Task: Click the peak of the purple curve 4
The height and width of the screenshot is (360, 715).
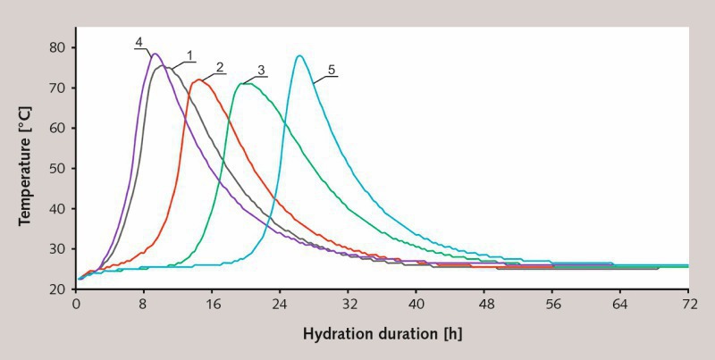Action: click(x=155, y=54)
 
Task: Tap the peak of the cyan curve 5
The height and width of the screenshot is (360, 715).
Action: click(x=299, y=56)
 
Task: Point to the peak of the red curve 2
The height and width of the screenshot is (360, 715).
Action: click(x=199, y=80)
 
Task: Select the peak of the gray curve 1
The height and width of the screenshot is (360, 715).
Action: click(x=165, y=67)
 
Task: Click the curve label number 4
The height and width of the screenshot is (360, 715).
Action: click(x=139, y=41)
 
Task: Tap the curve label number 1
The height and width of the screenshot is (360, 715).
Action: click(x=189, y=55)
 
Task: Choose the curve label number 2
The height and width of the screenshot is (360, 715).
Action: click(x=218, y=68)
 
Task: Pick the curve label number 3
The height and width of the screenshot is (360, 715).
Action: click(x=261, y=70)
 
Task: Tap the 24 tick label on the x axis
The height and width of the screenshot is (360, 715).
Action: click(x=280, y=305)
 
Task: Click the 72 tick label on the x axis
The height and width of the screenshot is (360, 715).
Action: click(x=687, y=305)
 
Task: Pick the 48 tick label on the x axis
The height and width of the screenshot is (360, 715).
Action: click(x=484, y=305)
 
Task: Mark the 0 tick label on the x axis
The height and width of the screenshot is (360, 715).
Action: click(x=76, y=305)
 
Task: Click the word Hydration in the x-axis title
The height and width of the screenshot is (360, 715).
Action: click(x=337, y=335)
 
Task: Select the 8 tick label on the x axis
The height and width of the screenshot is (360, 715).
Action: click(x=144, y=305)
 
